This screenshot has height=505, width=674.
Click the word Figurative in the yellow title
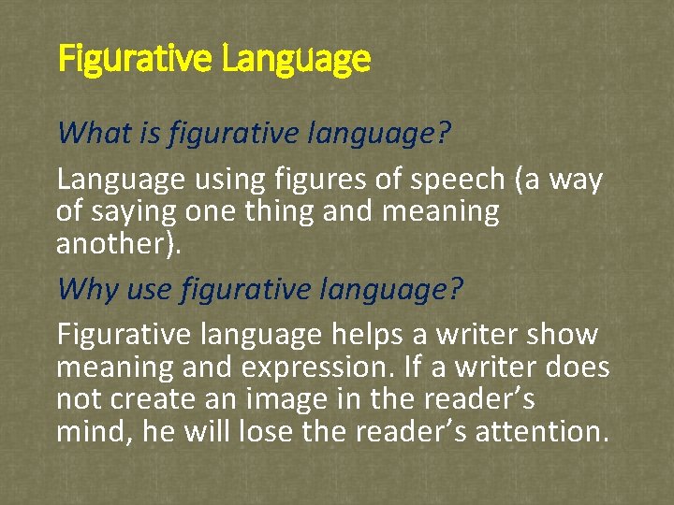(x=137, y=60)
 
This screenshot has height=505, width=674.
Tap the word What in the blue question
(x=89, y=134)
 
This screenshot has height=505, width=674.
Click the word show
(x=564, y=334)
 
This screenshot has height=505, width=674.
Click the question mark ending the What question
(x=443, y=134)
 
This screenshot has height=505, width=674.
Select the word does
(x=580, y=367)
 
